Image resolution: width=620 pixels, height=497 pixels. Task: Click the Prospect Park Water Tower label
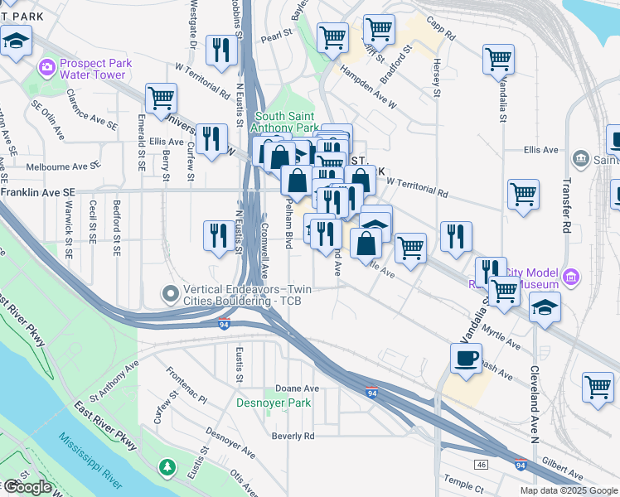point(92,68)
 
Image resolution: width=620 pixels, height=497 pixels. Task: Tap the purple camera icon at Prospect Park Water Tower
point(46,65)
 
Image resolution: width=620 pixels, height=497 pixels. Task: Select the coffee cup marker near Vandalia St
point(465,358)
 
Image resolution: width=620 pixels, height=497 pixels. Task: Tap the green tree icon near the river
point(168,468)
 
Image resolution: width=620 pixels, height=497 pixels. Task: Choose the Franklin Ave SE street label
point(38,191)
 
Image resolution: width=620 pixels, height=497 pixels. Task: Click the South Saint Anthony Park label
point(286,123)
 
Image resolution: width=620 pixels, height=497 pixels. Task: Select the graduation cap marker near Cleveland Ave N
point(544,306)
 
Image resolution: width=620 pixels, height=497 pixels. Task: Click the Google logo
point(27,487)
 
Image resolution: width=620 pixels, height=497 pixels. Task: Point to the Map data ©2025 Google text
point(569,490)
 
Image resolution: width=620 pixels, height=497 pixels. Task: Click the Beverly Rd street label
point(293,436)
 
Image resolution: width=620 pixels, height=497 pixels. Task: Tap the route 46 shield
point(482,466)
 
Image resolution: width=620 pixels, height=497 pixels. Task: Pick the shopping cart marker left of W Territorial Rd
point(161,99)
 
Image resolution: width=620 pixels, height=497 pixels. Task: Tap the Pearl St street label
point(278,36)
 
